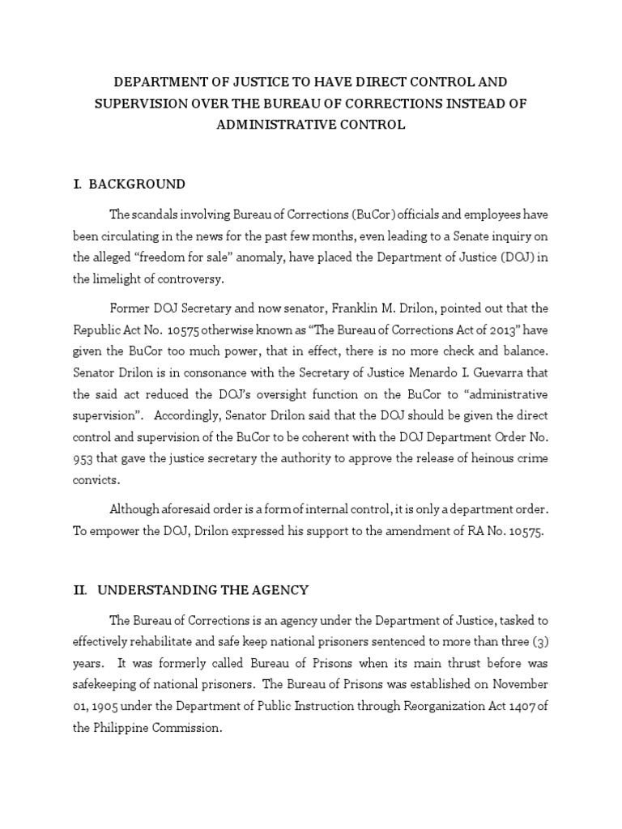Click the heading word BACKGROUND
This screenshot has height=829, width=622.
tap(137, 184)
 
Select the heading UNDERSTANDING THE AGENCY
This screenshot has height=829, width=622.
tap(202, 589)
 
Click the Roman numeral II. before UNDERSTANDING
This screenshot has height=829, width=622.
tap(79, 589)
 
